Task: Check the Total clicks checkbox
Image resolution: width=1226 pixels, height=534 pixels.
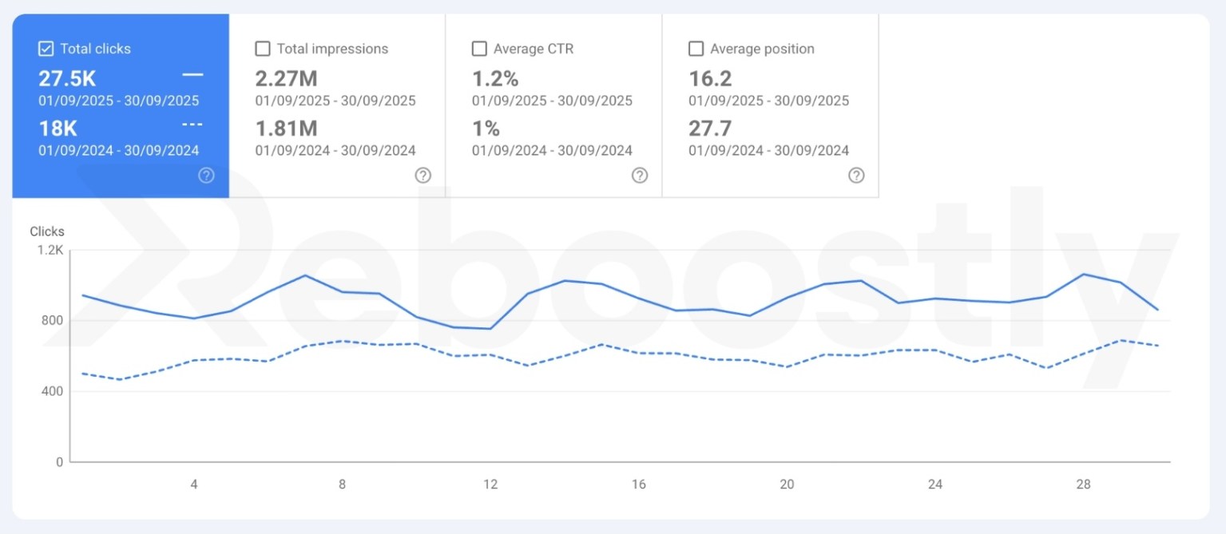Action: coord(46,49)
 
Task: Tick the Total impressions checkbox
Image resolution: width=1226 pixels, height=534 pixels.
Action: coord(263,49)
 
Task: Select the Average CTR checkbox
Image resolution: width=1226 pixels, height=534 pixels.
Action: coord(479,49)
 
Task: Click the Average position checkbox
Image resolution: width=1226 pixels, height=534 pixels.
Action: coord(696,49)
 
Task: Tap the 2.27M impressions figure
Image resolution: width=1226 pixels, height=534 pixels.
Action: coord(287,78)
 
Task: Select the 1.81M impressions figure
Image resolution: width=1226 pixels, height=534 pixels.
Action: coord(287,129)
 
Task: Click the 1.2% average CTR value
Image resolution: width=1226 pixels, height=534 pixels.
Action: coord(495,78)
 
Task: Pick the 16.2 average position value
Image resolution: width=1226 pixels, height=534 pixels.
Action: coord(710,78)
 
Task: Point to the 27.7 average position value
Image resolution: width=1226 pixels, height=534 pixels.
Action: coord(710,129)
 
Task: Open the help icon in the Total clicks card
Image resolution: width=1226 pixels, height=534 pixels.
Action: coord(206,176)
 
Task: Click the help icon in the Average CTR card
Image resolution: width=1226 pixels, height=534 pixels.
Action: coord(640,176)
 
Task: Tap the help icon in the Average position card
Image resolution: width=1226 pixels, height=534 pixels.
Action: coord(856,176)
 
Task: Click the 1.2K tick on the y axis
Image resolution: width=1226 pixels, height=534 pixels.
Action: coord(50,250)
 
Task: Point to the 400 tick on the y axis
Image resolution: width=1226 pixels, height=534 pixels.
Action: coord(54,391)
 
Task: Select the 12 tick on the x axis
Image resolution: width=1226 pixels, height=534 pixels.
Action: coord(490,484)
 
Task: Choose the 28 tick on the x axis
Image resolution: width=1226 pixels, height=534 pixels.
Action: coord(1084,484)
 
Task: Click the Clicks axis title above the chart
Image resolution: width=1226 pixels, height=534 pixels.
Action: coord(47,231)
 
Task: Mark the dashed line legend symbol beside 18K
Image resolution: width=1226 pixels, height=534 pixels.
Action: coord(192,125)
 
